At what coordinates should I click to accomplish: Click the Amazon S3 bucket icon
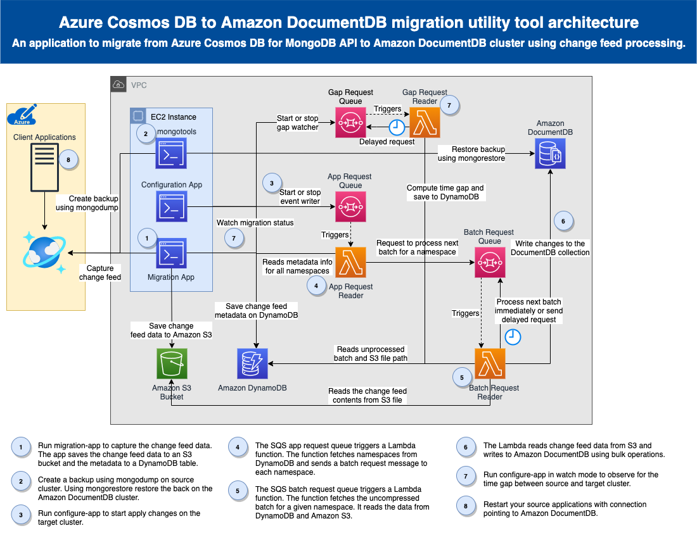pos(172,363)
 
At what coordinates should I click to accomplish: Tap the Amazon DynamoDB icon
pos(252,363)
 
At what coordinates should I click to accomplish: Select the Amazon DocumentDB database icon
pos(550,153)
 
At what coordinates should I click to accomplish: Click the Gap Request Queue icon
pos(351,122)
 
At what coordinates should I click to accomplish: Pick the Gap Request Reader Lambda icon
pos(425,122)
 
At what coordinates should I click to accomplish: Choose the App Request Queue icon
pos(351,206)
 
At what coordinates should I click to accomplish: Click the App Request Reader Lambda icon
pos(351,262)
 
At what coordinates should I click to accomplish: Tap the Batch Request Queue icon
pos(490,262)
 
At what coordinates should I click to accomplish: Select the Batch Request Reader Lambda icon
pos(490,363)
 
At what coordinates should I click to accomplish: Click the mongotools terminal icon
pos(171,153)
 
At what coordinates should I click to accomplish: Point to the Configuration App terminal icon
pos(172,206)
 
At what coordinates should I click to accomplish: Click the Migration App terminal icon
pos(171,253)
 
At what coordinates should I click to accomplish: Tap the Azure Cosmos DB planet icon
pos(44,253)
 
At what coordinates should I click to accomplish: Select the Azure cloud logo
pos(22,115)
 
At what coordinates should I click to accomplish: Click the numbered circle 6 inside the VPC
pos(563,221)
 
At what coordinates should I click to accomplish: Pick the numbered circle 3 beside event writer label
pos(272,183)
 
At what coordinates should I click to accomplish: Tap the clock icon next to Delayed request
pos(397,127)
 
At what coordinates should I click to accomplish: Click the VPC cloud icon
pos(118,84)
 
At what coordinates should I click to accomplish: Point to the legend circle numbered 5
pos(238,491)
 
